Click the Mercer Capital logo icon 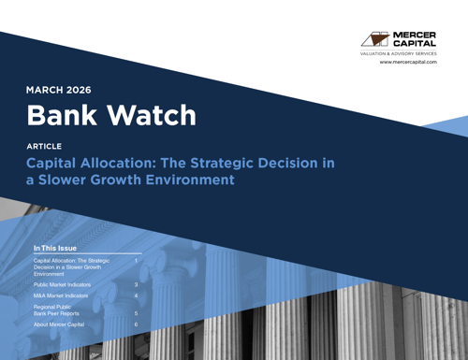[374, 39]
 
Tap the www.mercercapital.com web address [408, 62]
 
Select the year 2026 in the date [80, 91]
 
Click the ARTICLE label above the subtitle [44, 147]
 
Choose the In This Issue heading [54, 249]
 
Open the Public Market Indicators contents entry [62, 283]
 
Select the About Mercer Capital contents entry [59, 324]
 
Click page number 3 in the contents [136, 283]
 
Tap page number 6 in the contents [136, 324]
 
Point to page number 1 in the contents [136, 261]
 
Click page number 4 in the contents [136, 295]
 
